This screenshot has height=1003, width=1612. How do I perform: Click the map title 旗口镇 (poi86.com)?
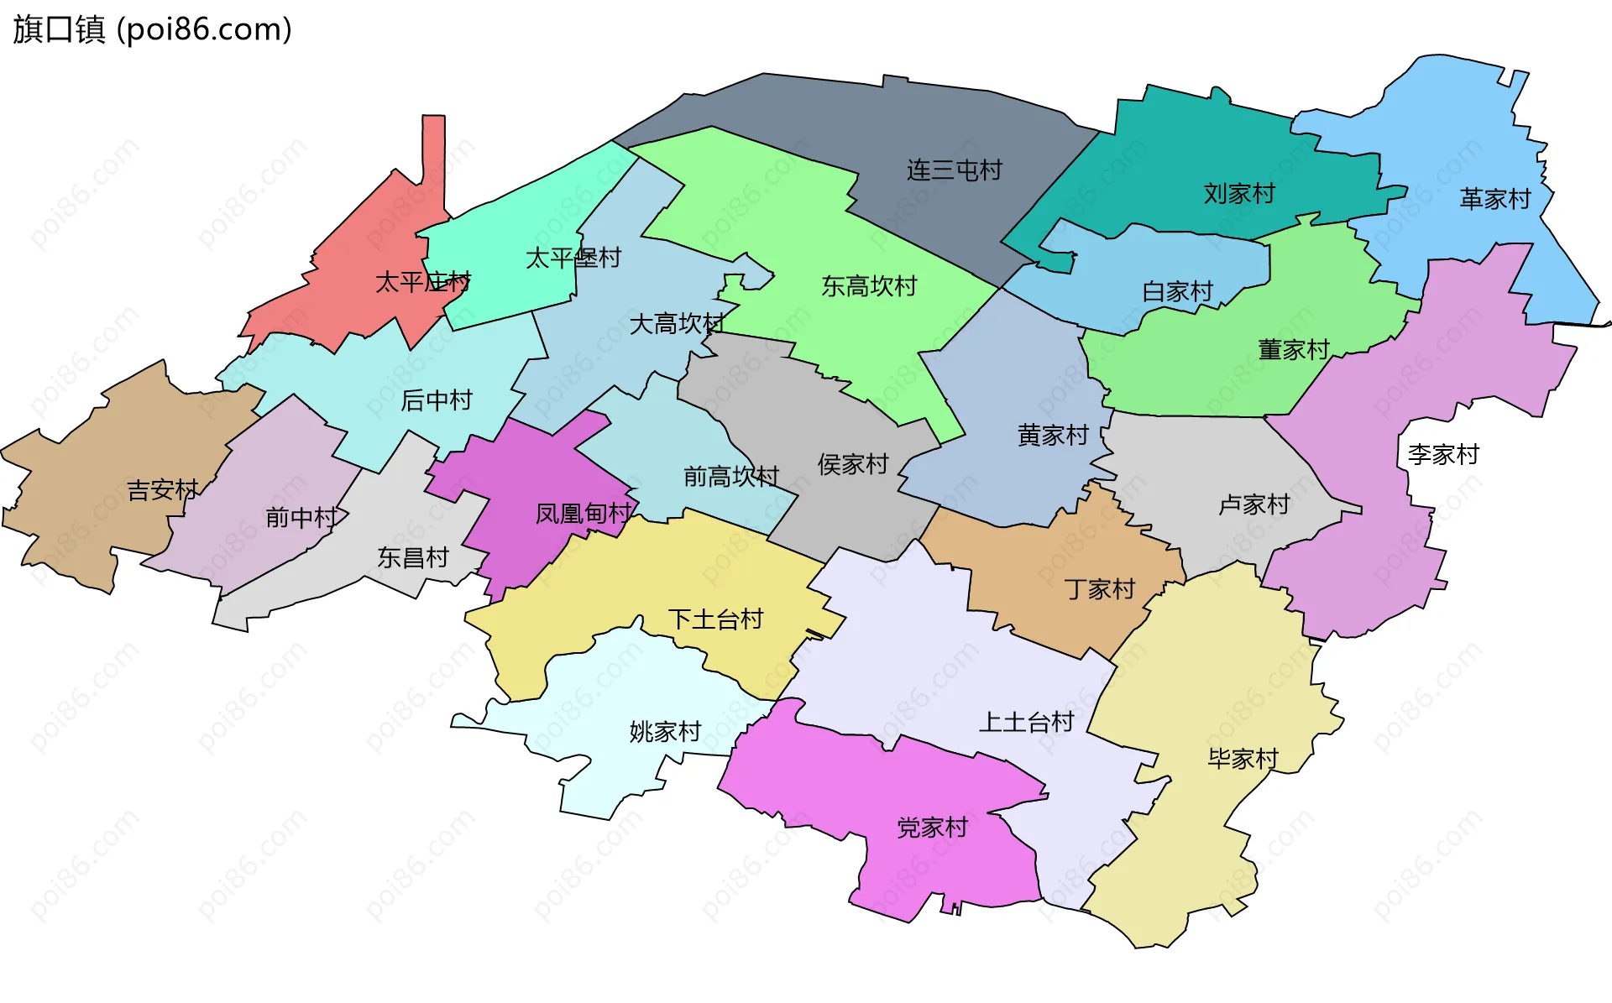click(152, 29)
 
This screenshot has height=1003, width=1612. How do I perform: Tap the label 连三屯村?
click(954, 170)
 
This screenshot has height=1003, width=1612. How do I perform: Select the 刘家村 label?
click(1238, 194)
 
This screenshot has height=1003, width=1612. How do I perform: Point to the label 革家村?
click(1494, 199)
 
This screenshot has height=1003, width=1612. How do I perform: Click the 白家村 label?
click(1177, 291)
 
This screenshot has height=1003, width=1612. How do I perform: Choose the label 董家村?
click(1293, 349)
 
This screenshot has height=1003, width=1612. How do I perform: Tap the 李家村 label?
click(1442, 454)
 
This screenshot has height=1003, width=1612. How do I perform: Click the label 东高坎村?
click(868, 286)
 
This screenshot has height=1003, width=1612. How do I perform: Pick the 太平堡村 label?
click(573, 258)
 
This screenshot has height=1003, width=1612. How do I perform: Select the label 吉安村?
click(162, 489)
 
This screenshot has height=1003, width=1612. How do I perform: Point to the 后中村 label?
click(436, 400)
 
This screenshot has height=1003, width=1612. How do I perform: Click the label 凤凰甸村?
click(584, 513)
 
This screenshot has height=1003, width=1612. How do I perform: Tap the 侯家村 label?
click(852, 464)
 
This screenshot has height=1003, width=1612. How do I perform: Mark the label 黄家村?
click(1052, 435)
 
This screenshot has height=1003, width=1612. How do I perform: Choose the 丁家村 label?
click(1099, 589)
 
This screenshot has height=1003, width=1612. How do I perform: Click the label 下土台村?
click(715, 619)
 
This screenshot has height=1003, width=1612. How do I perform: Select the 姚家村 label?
click(664, 732)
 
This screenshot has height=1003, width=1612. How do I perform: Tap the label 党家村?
click(932, 828)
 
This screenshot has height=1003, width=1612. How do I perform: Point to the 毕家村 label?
click(1242, 759)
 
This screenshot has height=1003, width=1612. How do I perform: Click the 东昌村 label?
click(412, 557)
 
